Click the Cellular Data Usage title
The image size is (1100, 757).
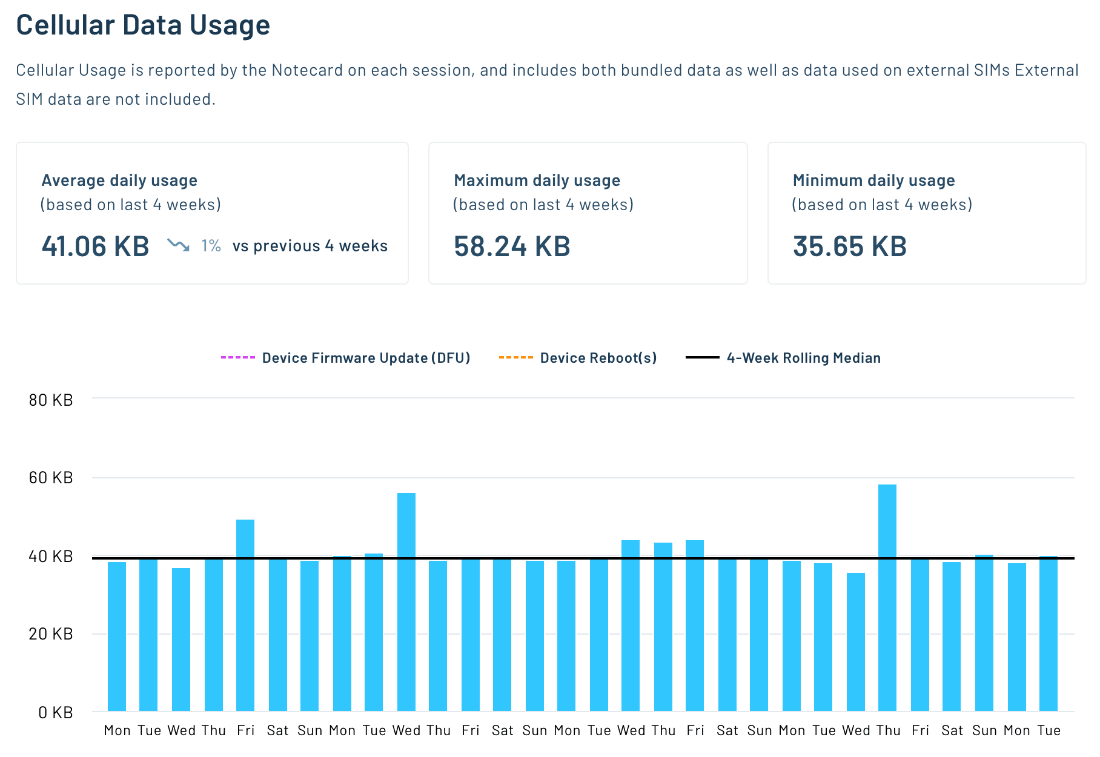143,25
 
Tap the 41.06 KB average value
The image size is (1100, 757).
95,246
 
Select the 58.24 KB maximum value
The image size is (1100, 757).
512,246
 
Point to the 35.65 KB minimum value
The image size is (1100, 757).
849,246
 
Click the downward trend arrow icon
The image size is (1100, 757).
178,245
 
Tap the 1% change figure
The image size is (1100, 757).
211,246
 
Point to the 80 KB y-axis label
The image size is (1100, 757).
51,400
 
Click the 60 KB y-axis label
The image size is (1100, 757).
51,478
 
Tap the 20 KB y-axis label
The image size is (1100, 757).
51,634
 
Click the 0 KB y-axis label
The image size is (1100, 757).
55,712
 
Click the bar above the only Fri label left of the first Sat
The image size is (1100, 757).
245,615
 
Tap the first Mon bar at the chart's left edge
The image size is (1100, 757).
117,636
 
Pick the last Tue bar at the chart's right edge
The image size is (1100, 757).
1048,633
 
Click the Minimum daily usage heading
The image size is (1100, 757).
873,180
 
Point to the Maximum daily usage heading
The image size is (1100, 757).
537,180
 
